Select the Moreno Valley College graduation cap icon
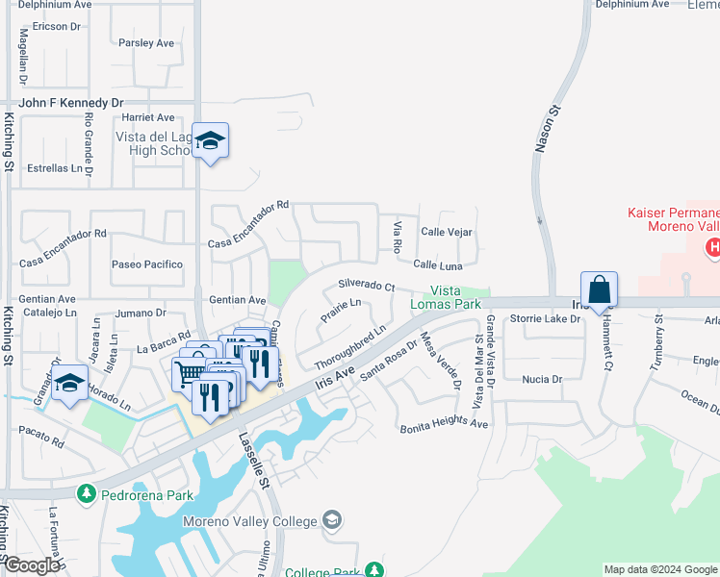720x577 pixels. click(x=332, y=520)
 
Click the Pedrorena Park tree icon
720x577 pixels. click(x=87, y=494)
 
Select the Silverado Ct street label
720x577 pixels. click(x=366, y=286)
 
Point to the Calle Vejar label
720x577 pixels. click(x=447, y=232)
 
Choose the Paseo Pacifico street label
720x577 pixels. click(x=147, y=263)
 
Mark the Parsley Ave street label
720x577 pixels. click(x=146, y=43)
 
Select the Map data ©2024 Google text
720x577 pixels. click(x=659, y=569)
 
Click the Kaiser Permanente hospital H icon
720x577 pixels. click(x=712, y=248)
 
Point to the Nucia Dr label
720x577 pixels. click(x=542, y=379)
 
